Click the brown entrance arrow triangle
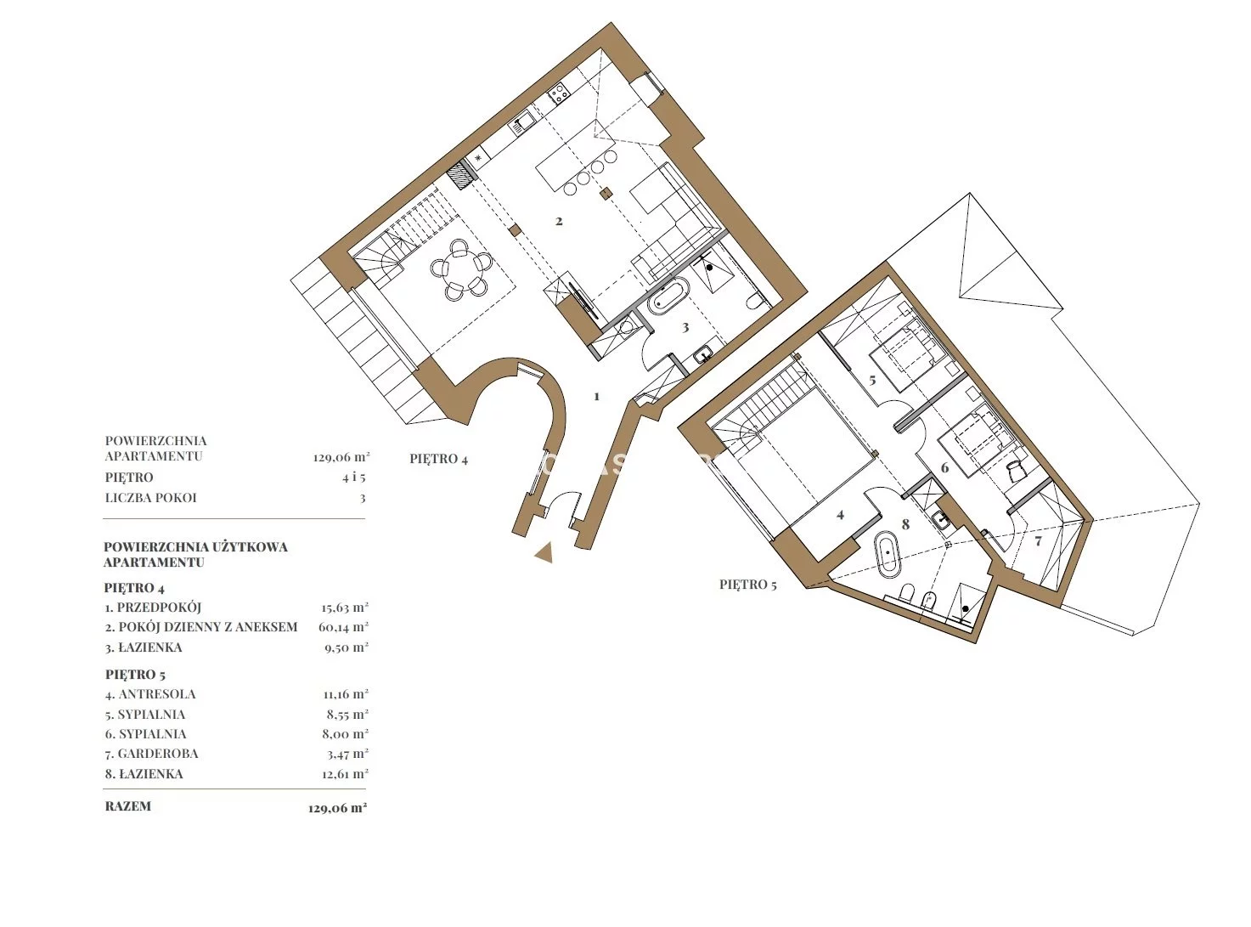click(544, 552)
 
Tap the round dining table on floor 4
click(459, 268)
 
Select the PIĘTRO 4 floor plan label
click(439, 459)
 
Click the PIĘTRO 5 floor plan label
click(748, 585)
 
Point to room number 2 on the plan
click(559, 221)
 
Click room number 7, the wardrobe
click(1039, 541)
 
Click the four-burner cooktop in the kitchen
click(558, 93)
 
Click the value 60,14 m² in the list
click(343, 627)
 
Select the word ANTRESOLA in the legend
click(157, 694)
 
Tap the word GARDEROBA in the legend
click(158, 754)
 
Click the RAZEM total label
click(128, 806)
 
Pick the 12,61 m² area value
click(345, 774)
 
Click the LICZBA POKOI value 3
click(363, 499)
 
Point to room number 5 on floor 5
click(872, 381)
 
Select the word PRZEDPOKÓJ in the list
click(159, 608)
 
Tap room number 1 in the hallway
click(597, 397)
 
